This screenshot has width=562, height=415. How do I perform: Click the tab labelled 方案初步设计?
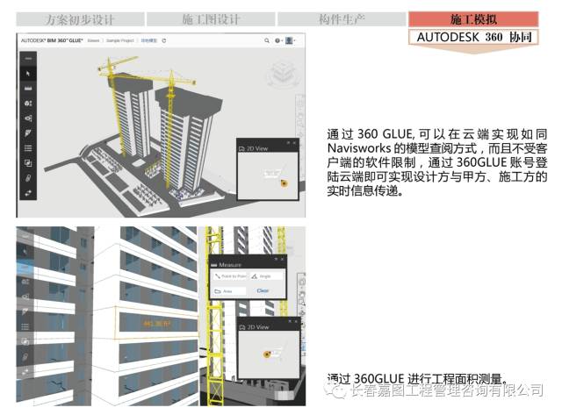(79, 18)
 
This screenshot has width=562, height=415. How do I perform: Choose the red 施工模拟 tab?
(472, 18)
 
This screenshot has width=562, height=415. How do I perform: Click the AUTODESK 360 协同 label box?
(472, 37)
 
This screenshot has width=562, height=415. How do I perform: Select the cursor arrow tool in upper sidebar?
(28, 74)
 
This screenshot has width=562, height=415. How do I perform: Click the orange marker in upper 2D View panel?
(283, 182)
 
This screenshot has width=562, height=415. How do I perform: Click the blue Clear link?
(262, 290)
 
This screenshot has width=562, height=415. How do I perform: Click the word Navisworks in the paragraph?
(360, 148)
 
